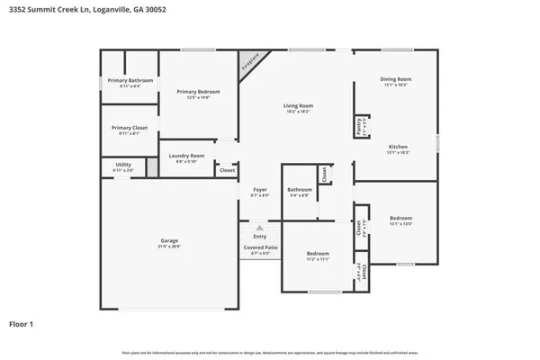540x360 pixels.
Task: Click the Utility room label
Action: click(123, 166)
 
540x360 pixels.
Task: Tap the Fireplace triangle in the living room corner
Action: click(247, 63)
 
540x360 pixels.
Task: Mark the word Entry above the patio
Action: click(259, 237)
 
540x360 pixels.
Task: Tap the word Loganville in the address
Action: click(107, 12)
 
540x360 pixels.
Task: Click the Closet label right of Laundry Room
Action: click(228, 169)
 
